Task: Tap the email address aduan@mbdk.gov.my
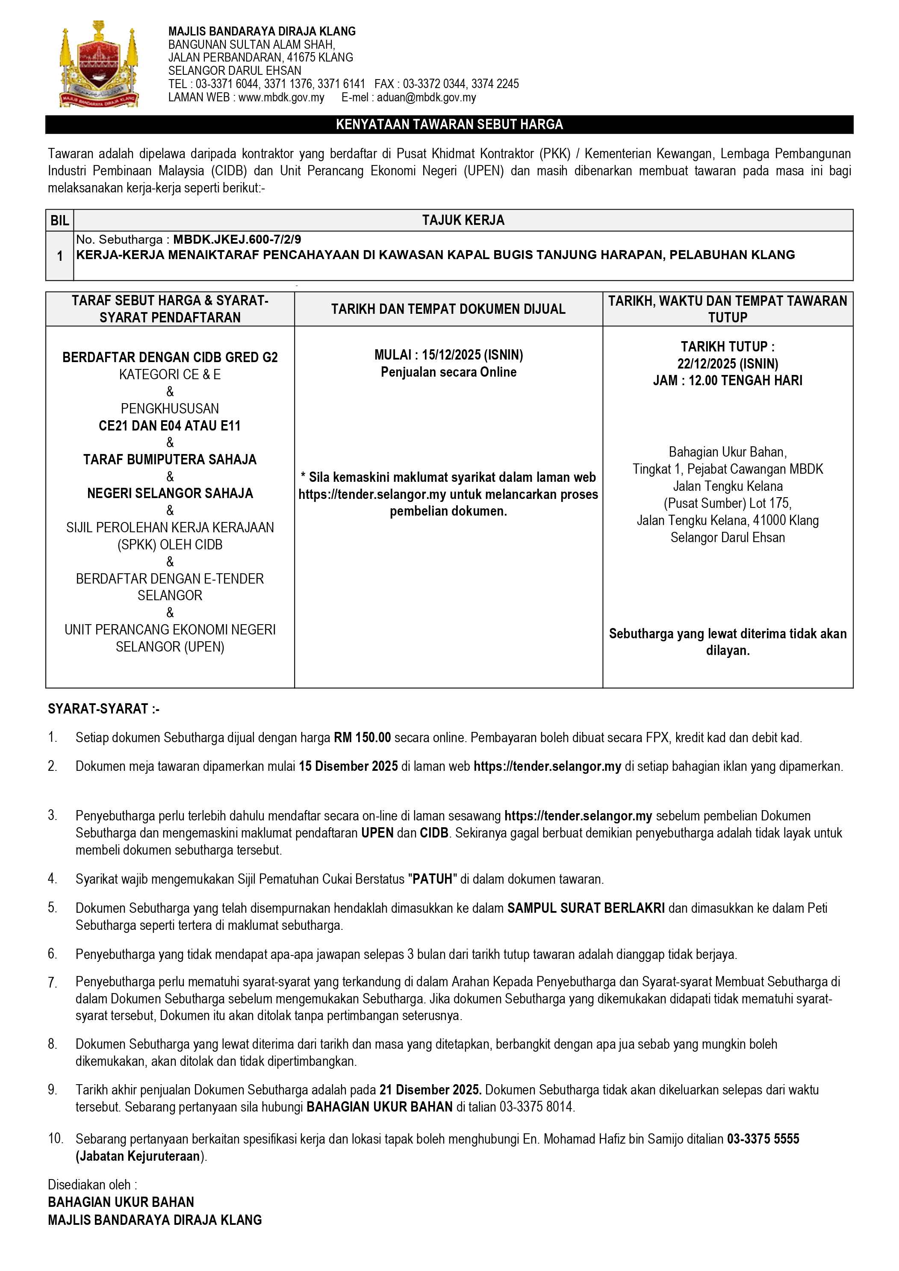[x=426, y=97]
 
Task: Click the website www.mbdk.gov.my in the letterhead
[x=281, y=97]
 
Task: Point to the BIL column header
[x=60, y=220]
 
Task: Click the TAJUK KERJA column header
[x=463, y=220]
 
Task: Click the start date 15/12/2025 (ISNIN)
[x=472, y=355]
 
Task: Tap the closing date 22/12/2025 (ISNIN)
[x=728, y=364]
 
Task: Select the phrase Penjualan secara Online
[x=448, y=372]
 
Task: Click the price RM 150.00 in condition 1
[x=362, y=737]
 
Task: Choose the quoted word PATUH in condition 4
[x=432, y=879]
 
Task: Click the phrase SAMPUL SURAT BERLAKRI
[x=586, y=908]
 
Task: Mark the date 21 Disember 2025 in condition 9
[x=430, y=1089]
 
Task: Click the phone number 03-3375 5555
[x=763, y=1139]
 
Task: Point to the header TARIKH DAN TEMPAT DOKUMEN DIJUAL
[x=448, y=309]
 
